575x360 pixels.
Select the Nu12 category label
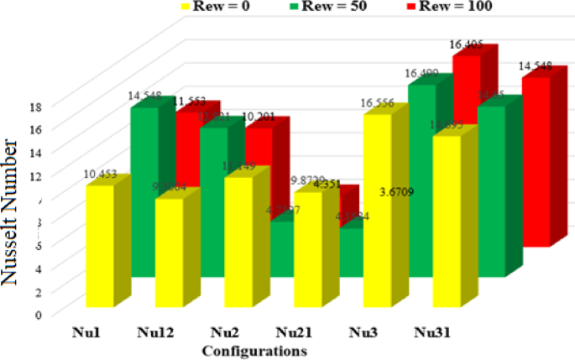154,332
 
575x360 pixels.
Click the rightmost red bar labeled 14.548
535,159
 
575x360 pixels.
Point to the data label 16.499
422,74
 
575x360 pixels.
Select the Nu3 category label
363,332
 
